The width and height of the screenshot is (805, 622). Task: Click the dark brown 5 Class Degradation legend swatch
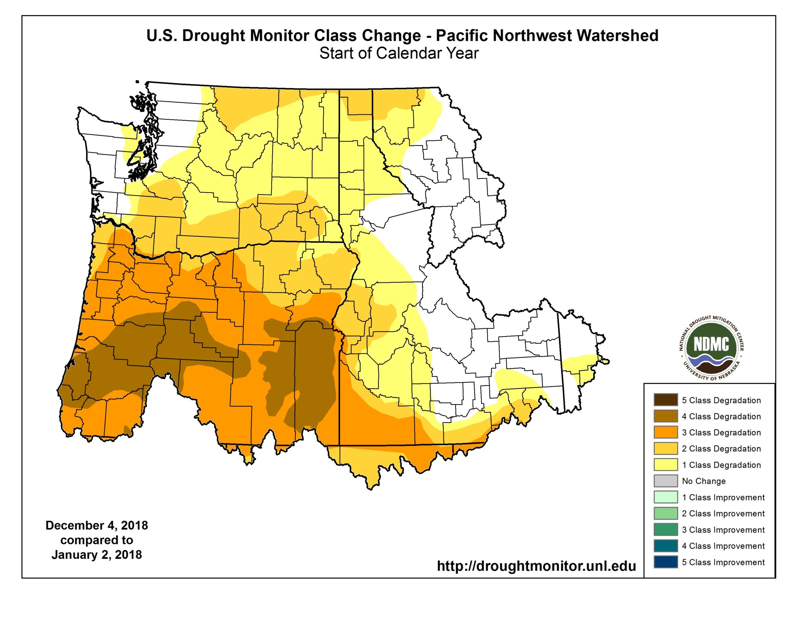666,400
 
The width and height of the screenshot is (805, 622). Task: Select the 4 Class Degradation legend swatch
666,416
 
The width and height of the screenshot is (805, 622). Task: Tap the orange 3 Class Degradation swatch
666,432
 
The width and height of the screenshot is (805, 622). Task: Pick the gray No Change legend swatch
666,481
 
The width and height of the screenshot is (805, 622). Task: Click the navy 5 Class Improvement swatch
666,562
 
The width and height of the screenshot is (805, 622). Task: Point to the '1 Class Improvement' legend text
723,497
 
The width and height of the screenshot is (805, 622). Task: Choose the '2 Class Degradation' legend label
721,448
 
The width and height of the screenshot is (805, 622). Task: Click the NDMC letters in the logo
711,345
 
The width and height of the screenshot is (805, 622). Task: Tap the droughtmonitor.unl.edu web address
536,566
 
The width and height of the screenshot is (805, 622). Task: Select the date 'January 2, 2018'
97,555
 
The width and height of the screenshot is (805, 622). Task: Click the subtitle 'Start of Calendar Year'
399,53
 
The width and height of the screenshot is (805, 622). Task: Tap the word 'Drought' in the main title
213,36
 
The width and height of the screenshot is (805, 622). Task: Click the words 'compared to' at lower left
97,540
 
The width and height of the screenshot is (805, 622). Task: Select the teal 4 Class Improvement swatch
666,546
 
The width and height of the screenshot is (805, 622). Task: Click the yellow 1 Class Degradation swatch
666,465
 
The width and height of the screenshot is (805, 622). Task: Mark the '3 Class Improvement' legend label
723,530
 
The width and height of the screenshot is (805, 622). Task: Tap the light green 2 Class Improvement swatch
666,513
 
